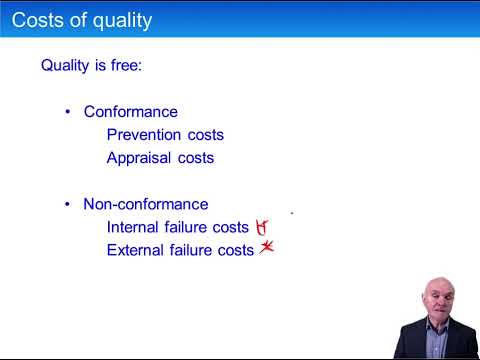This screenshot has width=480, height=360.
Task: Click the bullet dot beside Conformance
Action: [x=68, y=112]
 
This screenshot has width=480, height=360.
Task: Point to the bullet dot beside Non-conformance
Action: [x=68, y=204]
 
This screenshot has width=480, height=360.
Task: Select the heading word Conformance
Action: [x=130, y=112]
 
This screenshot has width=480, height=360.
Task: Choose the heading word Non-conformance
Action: [x=146, y=204]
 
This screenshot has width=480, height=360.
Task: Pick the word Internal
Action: [x=135, y=227]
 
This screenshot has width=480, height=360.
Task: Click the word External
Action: [x=137, y=250]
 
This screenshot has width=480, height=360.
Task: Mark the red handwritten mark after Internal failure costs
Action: [x=262, y=227]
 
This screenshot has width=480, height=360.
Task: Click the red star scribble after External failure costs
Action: [x=266, y=249]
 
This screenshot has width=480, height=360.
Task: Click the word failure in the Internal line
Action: [x=194, y=227]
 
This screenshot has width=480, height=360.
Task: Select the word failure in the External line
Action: [x=198, y=250]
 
